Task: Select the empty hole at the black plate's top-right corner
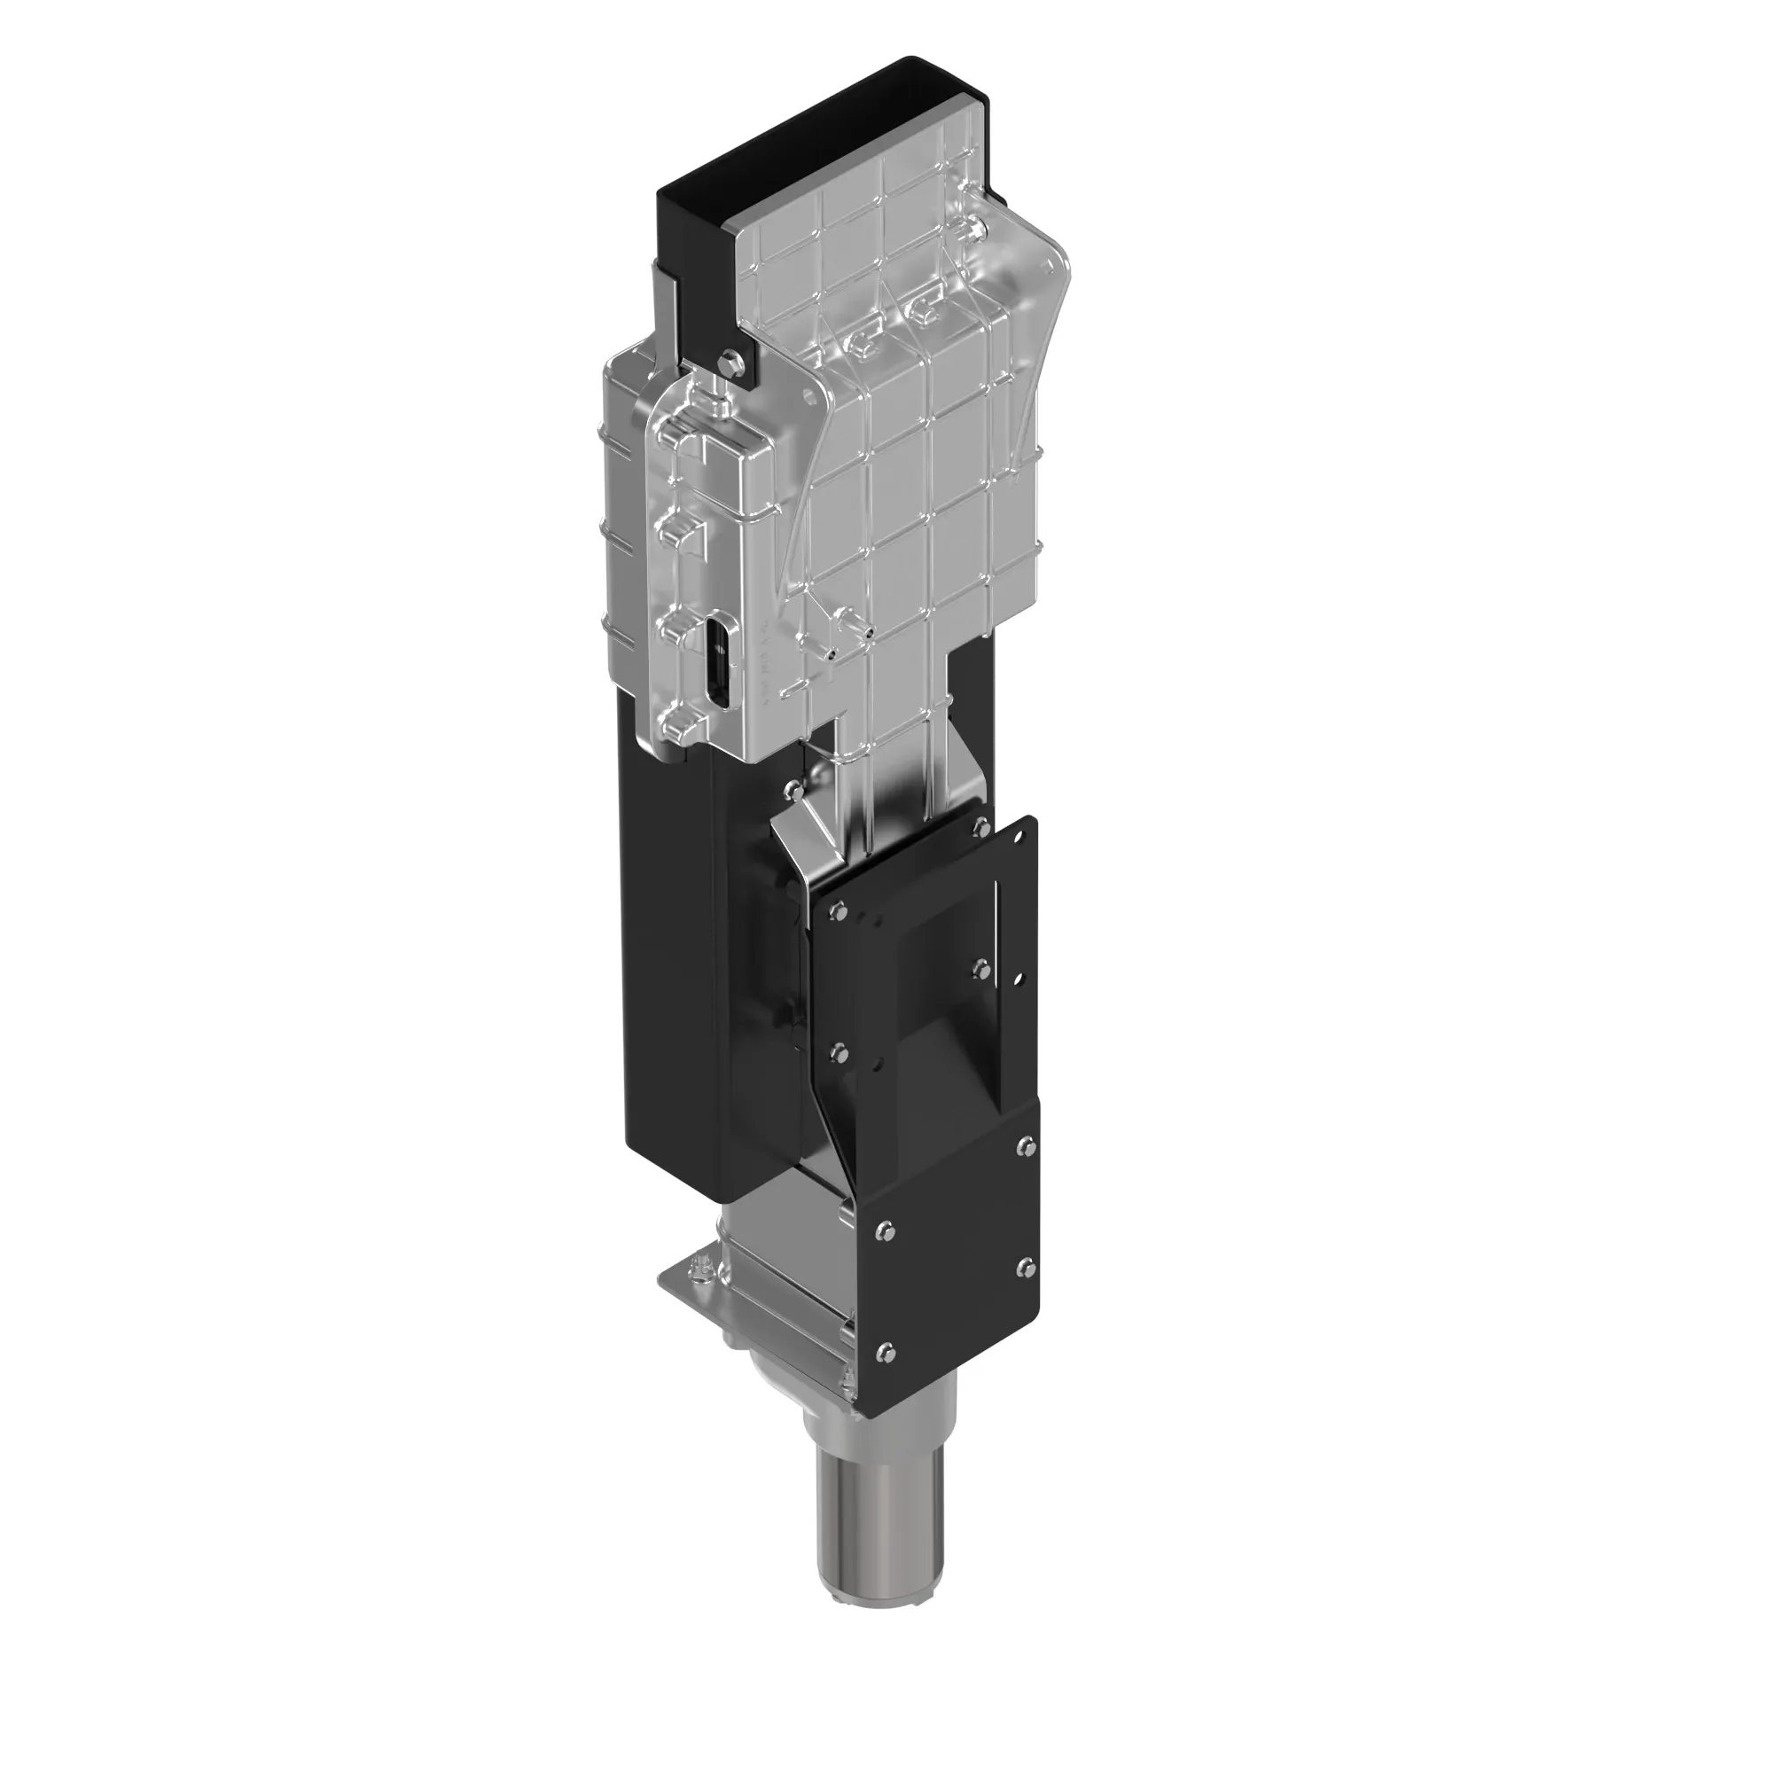point(1019,837)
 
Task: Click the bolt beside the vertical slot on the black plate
point(981,966)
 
